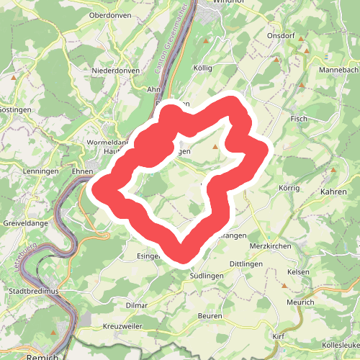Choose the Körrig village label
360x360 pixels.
point(292,187)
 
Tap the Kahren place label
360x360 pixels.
point(333,192)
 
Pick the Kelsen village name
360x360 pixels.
point(298,271)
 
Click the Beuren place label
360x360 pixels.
point(211,316)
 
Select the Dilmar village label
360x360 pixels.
point(136,305)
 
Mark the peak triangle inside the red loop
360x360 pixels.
point(215,147)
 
